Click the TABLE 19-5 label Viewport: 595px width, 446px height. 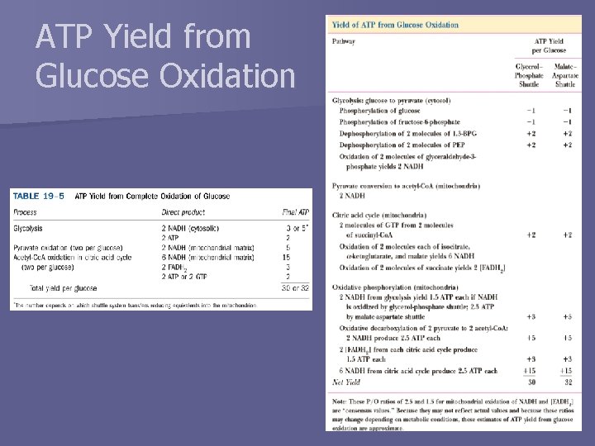pyautogui.click(x=38, y=196)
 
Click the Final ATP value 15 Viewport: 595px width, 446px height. pyautogui.click(x=288, y=257)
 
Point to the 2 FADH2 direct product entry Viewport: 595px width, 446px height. pyautogui.click(x=175, y=267)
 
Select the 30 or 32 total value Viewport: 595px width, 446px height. pyautogui.click(x=295, y=288)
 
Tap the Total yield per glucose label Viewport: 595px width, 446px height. pyautogui.click(x=63, y=288)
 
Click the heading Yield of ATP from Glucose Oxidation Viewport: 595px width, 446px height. pyautogui.click(x=395, y=25)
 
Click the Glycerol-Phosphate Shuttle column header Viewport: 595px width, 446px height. pyautogui.click(x=530, y=74)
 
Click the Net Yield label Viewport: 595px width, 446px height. pyautogui.click(x=346, y=382)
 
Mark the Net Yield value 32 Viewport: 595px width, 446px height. pyautogui.click(x=567, y=382)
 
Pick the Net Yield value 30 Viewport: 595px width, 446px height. pyautogui.click(x=531, y=382)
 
